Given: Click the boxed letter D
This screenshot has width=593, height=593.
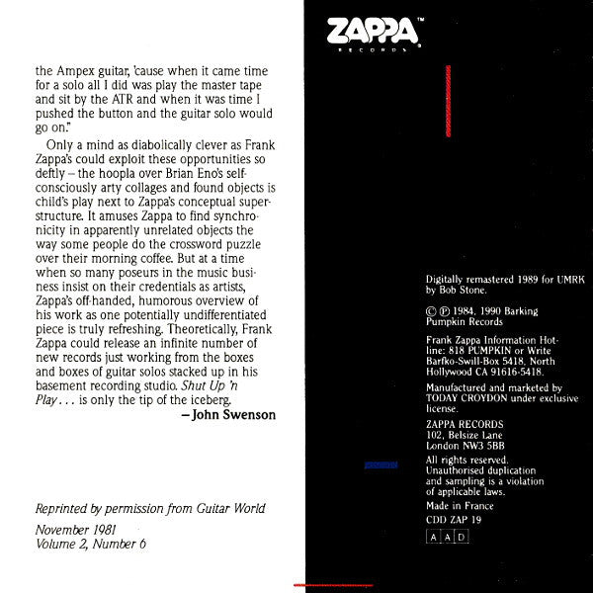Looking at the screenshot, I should tap(463, 537).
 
